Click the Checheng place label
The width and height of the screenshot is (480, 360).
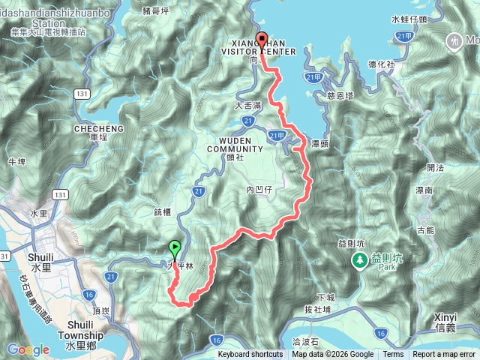[x=94, y=133]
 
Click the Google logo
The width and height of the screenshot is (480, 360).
[x=28, y=349]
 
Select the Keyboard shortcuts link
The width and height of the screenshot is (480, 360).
[x=250, y=355]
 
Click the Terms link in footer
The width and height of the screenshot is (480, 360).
[x=393, y=355]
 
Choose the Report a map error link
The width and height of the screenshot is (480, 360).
[x=444, y=355]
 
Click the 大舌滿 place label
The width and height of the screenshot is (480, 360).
[x=248, y=106]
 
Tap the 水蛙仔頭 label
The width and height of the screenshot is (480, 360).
[x=409, y=19]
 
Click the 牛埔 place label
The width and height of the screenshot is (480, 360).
[x=16, y=161]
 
